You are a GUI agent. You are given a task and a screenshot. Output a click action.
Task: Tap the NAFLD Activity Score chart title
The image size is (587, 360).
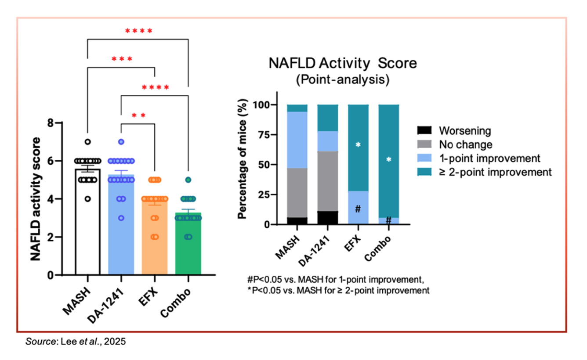pos(342,63)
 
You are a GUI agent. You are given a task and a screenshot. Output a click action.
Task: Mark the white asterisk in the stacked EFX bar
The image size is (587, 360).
pos(358,144)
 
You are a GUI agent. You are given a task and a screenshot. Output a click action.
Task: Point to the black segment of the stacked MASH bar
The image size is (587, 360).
pos(297,221)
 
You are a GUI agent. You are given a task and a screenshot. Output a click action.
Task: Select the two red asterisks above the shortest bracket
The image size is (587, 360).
pos(139,116)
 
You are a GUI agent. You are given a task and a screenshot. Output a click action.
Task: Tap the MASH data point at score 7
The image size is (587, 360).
pos(88,142)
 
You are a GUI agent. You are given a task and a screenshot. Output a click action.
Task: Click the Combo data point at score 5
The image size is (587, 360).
pos(188,180)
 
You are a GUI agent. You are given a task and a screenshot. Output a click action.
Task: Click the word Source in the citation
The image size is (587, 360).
pos(37,342)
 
